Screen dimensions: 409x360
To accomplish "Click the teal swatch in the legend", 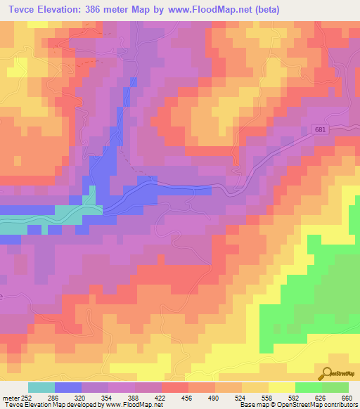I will pos(41,387).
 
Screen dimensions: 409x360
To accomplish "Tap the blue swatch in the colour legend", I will pos(68,387).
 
